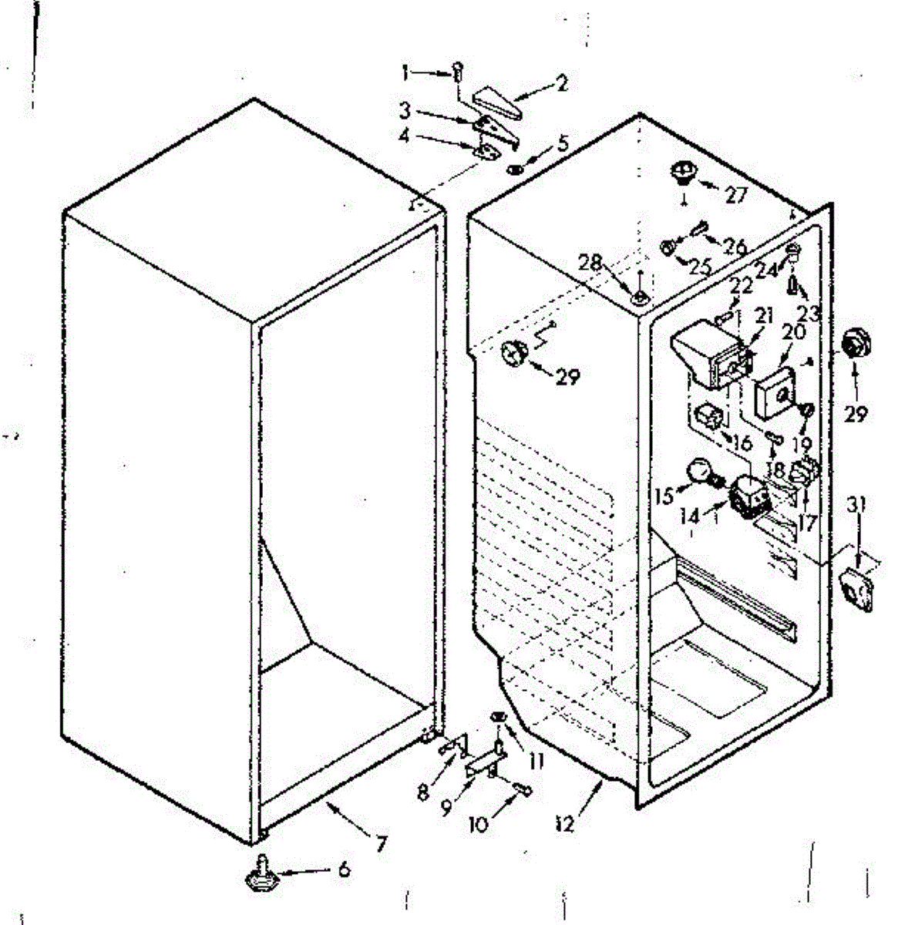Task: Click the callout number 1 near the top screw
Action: click(405, 73)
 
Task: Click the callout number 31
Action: click(860, 505)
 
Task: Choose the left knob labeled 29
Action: click(515, 353)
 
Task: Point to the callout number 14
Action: click(691, 516)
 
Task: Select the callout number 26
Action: click(735, 247)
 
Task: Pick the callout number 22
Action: click(741, 286)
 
